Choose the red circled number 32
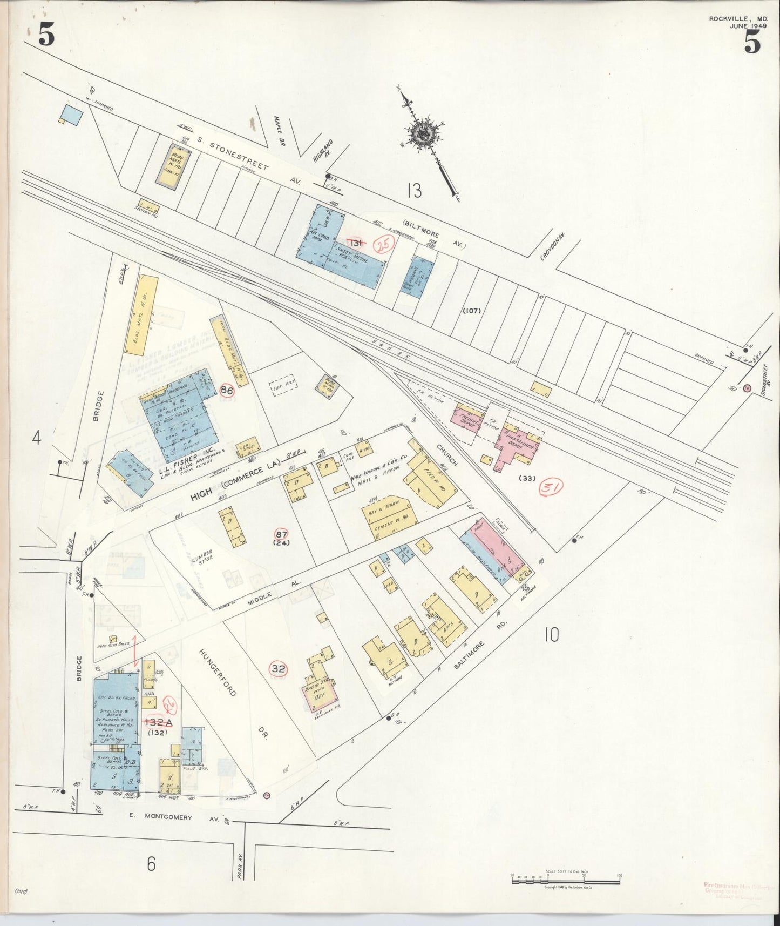[279, 668]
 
